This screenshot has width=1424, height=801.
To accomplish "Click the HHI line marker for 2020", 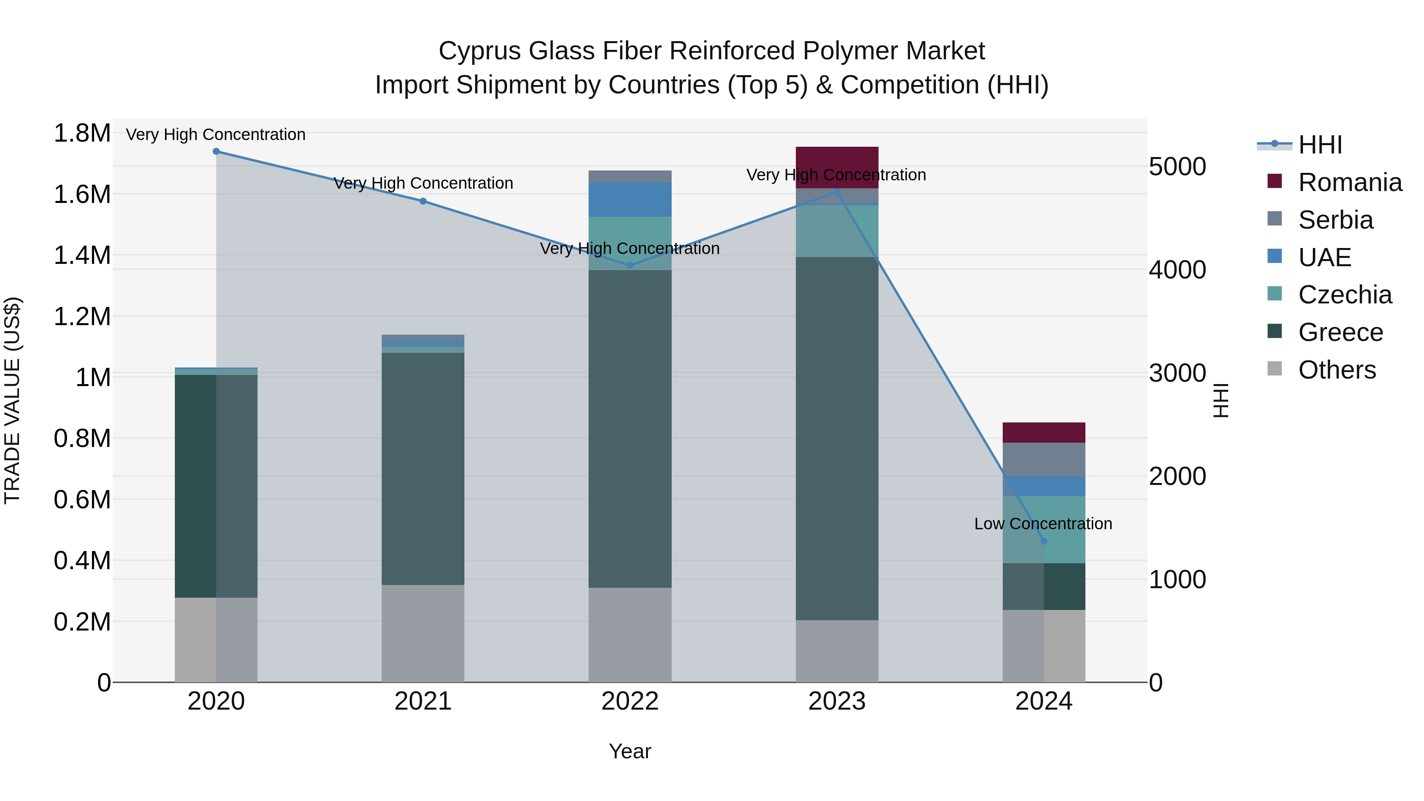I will [x=216, y=151].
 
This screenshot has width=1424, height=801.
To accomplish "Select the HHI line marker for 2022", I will [x=630, y=265].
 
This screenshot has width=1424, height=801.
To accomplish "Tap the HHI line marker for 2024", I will [x=1044, y=541].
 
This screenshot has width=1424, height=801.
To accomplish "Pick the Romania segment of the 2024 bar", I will [x=1044, y=432].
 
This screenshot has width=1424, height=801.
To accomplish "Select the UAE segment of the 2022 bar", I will [x=630, y=200].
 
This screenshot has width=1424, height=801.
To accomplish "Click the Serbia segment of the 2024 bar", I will [x=1044, y=459].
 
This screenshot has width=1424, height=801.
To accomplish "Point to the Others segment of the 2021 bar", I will [x=423, y=634].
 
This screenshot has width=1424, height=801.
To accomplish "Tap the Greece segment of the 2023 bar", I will [x=837, y=438].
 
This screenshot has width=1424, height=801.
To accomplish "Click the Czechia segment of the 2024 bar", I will [x=1044, y=530].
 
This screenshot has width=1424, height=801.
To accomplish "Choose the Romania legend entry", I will [x=1349, y=182].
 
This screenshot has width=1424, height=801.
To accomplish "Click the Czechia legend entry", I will [x=1344, y=295].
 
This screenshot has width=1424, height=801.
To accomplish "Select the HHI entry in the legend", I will [x=1320, y=145].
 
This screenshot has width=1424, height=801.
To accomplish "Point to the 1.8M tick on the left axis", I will [x=82, y=133].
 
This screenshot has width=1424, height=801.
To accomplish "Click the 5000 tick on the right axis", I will [x=1177, y=167].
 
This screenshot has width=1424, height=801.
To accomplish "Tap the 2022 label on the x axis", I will [x=630, y=701].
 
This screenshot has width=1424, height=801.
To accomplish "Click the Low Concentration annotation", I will [x=1043, y=523].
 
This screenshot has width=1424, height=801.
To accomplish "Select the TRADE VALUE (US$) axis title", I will [x=12, y=400].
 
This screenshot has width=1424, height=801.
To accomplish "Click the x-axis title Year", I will [x=630, y=751].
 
